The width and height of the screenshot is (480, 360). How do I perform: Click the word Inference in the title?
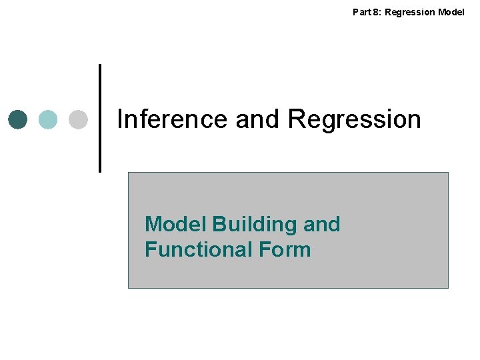click(173, 119)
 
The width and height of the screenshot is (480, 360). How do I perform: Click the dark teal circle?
click(18, 119)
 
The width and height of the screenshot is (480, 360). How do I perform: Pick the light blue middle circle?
click(48, 119)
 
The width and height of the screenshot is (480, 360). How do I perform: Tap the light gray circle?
click(79, 119)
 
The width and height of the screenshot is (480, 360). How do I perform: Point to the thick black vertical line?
click(101, 118)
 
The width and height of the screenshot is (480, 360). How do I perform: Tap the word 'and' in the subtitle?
click(321, 224)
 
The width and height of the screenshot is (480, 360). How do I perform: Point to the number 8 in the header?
click(375, 11)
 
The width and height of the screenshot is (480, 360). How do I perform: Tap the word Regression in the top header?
click(409, 12)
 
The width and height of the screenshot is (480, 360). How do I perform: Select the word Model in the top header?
click(452, 11)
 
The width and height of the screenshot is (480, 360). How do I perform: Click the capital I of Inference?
click(120, 119)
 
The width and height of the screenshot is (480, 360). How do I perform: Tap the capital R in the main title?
click(296, 119)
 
